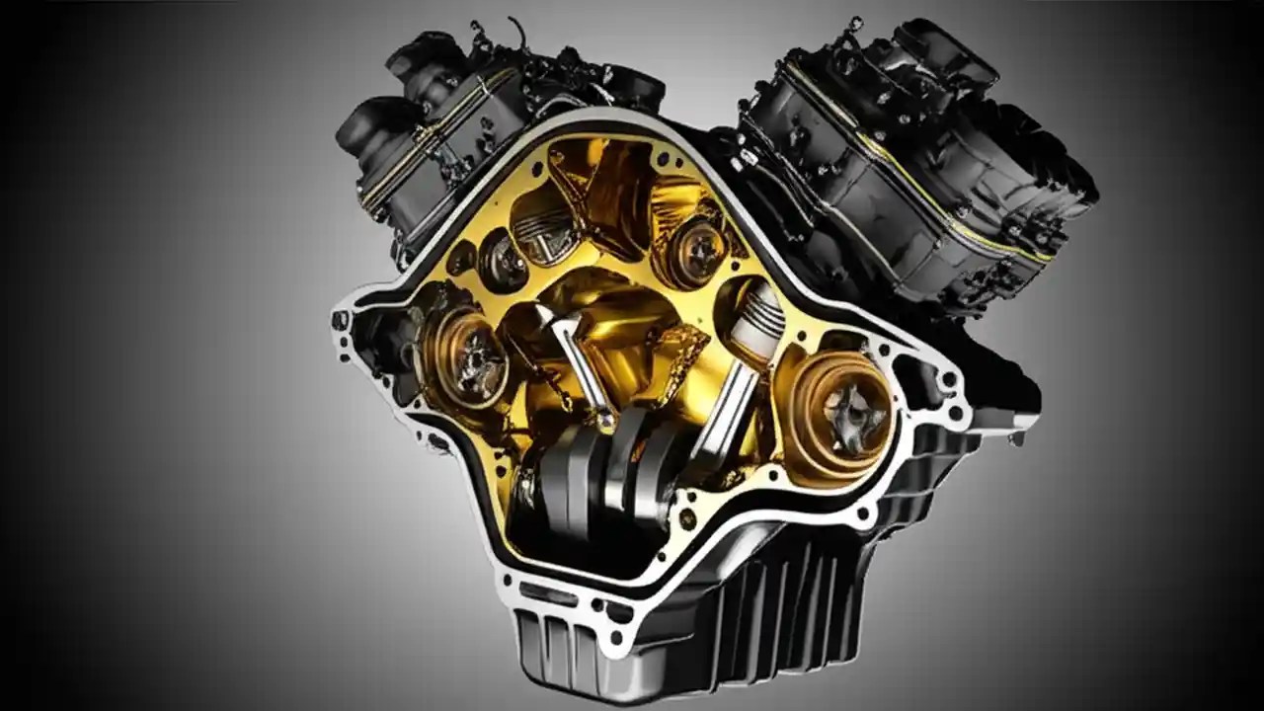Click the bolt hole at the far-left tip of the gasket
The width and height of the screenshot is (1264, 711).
click(x=342, y=321)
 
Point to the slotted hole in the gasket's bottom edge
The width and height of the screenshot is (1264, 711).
click(x=541, y=592)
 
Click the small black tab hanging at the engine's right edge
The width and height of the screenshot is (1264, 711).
click(x=1016, y=435)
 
